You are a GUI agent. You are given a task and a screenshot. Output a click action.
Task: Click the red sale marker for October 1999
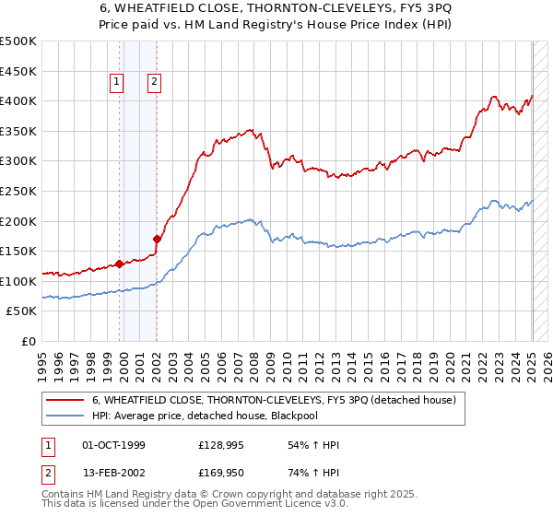pos(120,264)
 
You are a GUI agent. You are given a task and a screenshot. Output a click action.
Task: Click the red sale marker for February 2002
pos(157,240)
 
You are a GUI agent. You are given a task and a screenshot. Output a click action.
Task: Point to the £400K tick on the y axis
pos(18,101)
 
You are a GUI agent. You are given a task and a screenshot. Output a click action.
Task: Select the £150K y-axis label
pos(18,252)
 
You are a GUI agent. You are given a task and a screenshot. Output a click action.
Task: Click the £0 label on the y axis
pos(29,342)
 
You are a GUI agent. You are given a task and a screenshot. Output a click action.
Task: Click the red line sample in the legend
pos(65,401)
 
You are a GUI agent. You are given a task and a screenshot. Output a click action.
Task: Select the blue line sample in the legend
pos(65,416)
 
